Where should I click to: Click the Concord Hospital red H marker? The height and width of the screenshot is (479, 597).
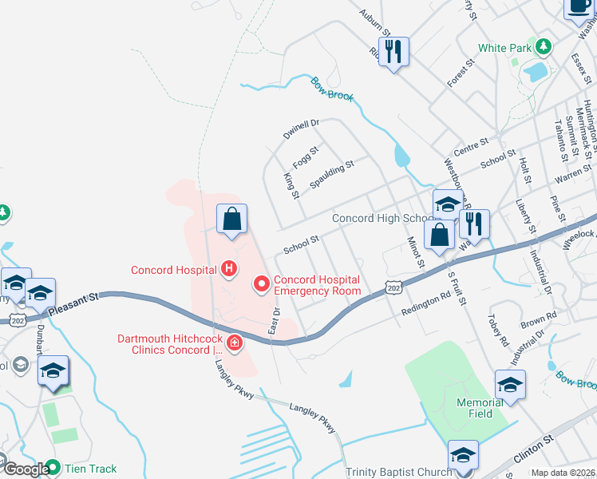coord(229,268)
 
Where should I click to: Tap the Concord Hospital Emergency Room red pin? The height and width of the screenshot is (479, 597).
coord(260,283)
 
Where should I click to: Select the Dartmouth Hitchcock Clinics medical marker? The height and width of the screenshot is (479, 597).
coord(235,344)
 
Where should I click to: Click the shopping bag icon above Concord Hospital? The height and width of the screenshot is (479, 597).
coord(231,219)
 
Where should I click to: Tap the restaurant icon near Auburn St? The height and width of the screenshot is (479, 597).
coord(394,52)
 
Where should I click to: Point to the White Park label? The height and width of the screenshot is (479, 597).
coord(504,48)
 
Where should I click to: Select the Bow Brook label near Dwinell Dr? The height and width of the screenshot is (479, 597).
coord(332,89)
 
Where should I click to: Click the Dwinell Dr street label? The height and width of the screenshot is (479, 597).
coord(301,129)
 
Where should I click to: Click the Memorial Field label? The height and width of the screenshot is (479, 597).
coord(480,408)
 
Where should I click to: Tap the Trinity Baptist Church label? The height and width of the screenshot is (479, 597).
coord(399,472)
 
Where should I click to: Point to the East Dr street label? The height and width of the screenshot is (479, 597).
coord(275,319)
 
